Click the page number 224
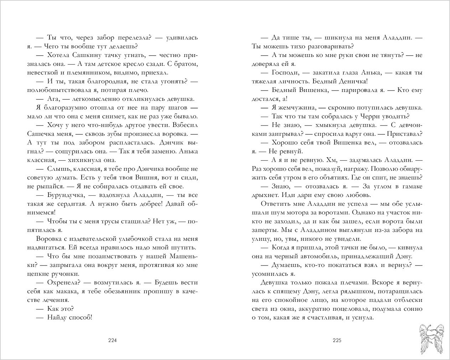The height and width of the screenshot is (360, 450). pos(112,340)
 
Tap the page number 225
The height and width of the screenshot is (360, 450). pos(337,340)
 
